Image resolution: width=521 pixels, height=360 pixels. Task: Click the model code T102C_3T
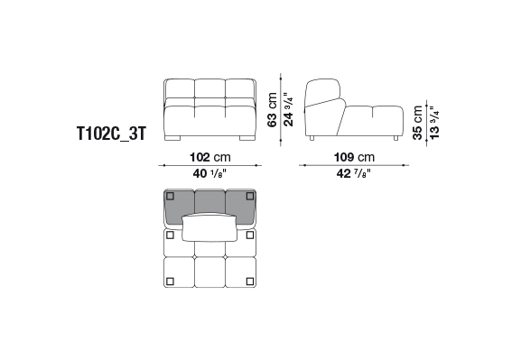tap(111, 134)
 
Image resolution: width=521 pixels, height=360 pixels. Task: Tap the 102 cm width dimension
tap(210, 157)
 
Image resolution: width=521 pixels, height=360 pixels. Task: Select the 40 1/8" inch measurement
tap(209, 173)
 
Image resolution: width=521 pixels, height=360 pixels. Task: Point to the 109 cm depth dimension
tap(354, 157)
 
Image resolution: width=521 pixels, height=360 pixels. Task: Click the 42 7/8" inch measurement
tap(354, 173)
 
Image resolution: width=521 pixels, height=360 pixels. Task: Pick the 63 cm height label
tap(272, 109)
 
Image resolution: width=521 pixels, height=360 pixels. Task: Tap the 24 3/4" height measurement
tap(288, 109)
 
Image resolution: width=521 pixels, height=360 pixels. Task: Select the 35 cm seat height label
tap(418, 123)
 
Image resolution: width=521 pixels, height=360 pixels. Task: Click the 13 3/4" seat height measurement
tap(434, 123)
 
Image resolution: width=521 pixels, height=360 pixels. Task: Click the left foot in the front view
tap(172, 138)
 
